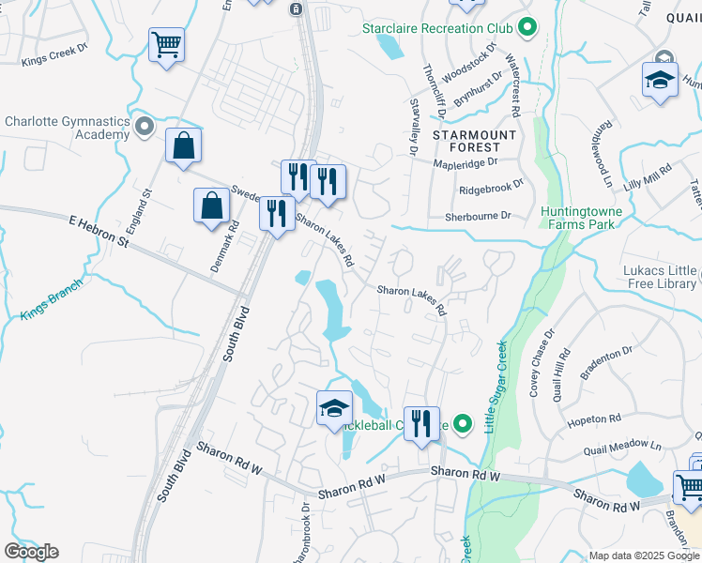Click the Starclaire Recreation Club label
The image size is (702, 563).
point(437,28)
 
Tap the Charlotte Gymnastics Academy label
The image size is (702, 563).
point(67,128)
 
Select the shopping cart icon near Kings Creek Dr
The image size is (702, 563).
point(166,44)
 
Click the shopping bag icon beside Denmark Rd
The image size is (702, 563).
point(212,206)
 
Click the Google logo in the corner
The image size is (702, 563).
point(31,552)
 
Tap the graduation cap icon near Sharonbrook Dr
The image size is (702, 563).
point(334,408)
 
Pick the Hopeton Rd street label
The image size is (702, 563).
point(594,418)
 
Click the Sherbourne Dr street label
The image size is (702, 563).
point(479,216)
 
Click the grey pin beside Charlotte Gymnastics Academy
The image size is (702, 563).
point(144,126)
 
